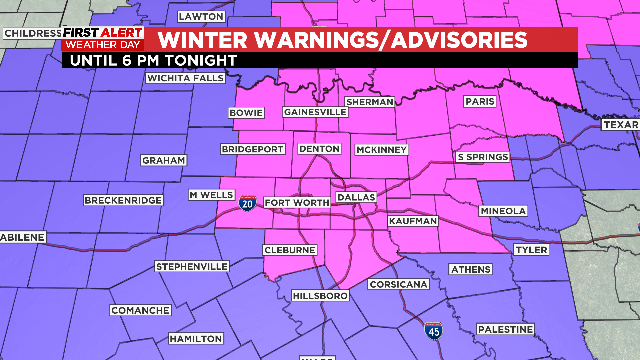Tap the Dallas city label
point(355,198)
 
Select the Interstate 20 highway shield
point(246,202)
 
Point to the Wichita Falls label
point(181,78)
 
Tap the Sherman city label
point(368,102)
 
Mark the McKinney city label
point(381,150)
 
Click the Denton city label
point(319,150)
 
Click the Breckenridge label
point(122,200)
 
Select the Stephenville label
point(192,266)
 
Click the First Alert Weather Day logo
point(102,39)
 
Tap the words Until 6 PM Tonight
point(150,60)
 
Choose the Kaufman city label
point(410,220)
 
